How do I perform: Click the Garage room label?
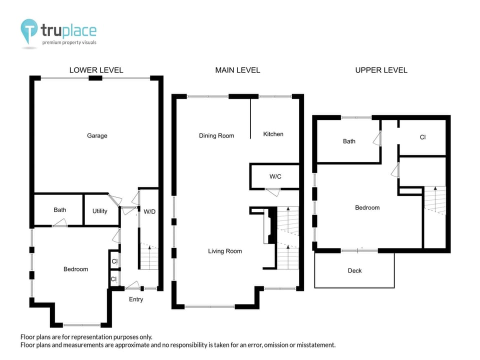pyautogui.click(x=97, y=135)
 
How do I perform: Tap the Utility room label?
pyautogui.click(x=100, y=211)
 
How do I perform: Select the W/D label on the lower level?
pyautogui.click(x=149, y=211)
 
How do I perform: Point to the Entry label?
pyautogui.click(x=136, y=299)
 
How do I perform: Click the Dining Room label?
pyautogui.click(x=216, y=135)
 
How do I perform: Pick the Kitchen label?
pyautogui.click(x=273, y=134)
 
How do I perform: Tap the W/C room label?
pyautogui.click(x=275, y=176)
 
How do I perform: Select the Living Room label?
pyautogui.click(x=225, y=251)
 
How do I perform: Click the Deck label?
pyautogui.click(x=354, y=270)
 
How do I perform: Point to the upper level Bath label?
pyautogui.click(x=349, y=141)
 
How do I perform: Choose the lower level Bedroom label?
pyautogui.click(x=75, y=269)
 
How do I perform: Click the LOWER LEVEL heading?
pyautogui.click(x=96, y=70)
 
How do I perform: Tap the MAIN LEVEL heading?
pyautogui.click(x=237, y=70)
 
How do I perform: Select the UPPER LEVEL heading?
pyautogui.click(x=381, y=70)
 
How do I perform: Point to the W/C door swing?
pyautogui.click(x=273, y=192)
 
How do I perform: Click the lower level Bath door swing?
pyautogui.click(x=60, y=223)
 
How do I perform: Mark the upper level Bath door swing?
pyautogui.click(x=377, y=138)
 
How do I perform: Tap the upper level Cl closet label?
pyautogui.click(x=422, y=137)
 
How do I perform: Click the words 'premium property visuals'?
pyautogui.click(x=69, y=42)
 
